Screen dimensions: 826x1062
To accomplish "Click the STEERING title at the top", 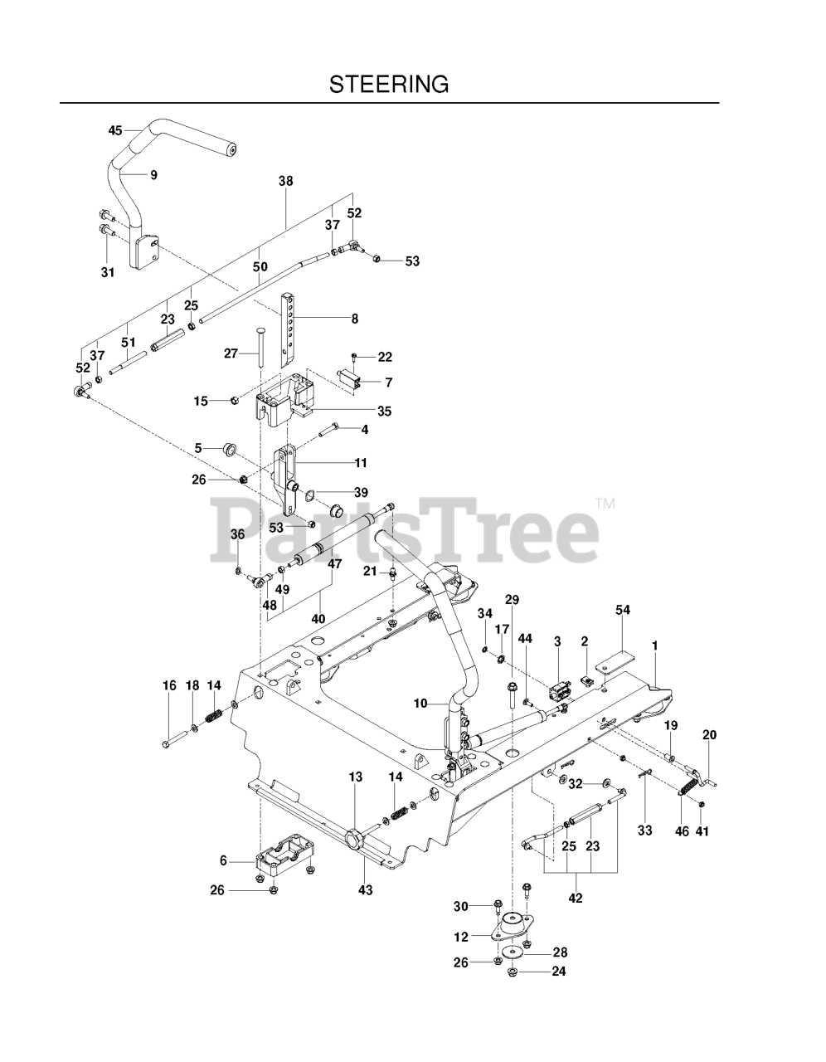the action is (389, 84).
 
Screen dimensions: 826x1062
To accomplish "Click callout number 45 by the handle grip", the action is (115, 130).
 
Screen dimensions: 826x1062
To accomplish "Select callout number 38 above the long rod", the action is (286, 180).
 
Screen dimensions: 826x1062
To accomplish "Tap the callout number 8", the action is (354, 318).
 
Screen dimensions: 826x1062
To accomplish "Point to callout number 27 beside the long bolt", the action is (231, 353).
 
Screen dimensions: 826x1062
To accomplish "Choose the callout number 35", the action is (385, 411).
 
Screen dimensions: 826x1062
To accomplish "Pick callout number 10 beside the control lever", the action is (420, 704).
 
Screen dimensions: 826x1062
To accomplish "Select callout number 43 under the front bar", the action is (365, 889).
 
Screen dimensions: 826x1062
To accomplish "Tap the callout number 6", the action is (223, 861).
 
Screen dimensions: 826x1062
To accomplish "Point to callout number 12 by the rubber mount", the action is (461, 937).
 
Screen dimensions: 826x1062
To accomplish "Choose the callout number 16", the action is (169, 685).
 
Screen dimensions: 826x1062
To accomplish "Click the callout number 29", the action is (512, 599).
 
